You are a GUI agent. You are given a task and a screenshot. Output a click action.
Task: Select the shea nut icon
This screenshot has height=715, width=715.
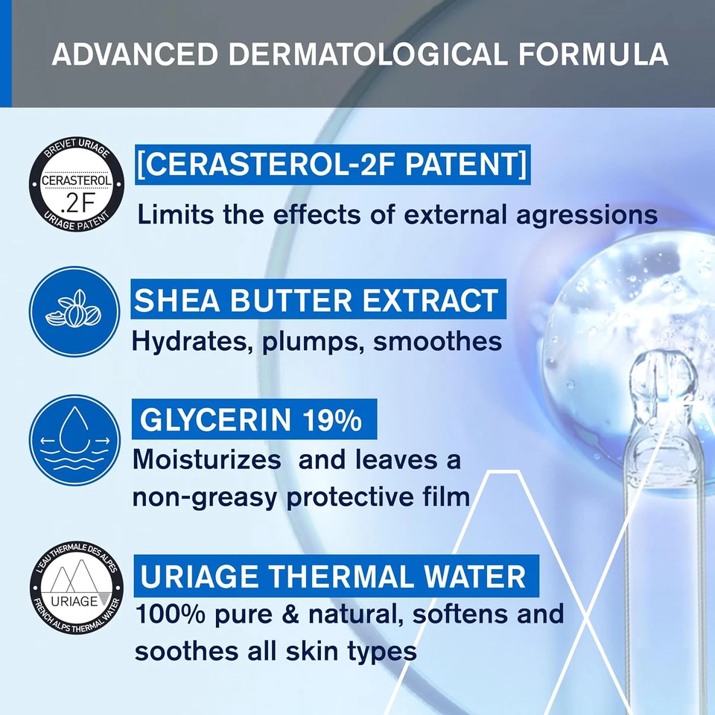[x=74, y=311]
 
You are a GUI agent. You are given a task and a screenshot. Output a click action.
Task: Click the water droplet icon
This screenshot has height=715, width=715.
[x=74, y=440]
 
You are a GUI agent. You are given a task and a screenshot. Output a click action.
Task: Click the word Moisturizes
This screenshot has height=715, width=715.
[x=207, y=460]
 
